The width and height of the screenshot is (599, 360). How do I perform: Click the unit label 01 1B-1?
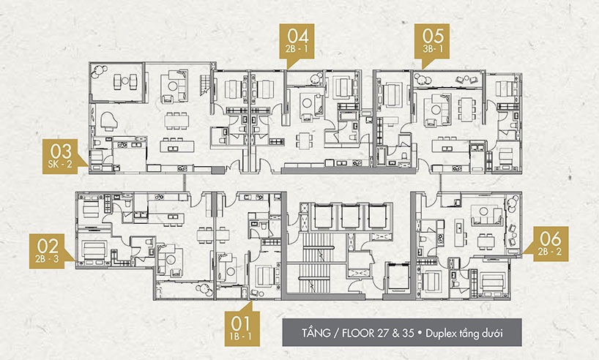click(x=242, y=329)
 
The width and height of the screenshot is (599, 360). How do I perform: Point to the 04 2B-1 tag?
click(x=297, y=41)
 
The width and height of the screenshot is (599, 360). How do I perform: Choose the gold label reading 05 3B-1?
click(x=433, y=41)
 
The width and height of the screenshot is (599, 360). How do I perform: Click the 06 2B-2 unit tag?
click(x=548, y=244)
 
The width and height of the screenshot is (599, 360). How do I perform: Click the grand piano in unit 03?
click(x=108, y=121)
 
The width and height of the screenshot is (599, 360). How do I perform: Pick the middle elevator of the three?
click(x=350, y=217)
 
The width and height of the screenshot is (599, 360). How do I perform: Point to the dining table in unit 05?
click(x=466, y=109)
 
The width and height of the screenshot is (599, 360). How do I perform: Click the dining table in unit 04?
click(x=305, y=141)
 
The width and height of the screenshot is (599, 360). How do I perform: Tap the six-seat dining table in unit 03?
click(x=176, y=121)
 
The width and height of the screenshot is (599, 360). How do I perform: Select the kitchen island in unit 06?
click(x=460, y=233)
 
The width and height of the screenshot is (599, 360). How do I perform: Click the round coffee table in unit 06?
click(x=484, y=211)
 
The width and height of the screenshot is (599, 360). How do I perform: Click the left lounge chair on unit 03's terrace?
click(x=118, y=81)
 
